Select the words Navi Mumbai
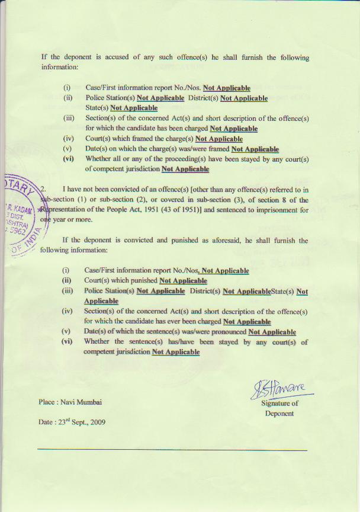[x=81, y=402]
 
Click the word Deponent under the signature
[x=279, y=413]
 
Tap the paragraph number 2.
[x=43, y=188]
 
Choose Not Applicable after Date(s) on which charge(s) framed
[x=255, y=149]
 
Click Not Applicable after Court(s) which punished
[x=183, y=280]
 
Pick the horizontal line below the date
[x=172, y=450]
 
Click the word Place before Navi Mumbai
[x=47, y=402]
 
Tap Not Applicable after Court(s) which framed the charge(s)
[x=218, y=139]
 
